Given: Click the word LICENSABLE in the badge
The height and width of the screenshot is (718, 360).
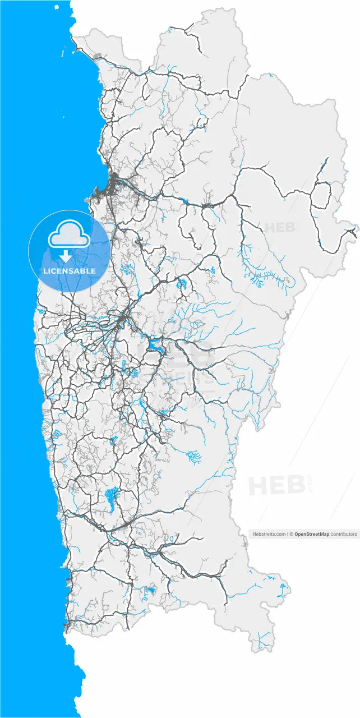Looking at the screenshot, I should [x=69, y=271].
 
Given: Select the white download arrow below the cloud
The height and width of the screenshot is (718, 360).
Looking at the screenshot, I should [x=66, y=256].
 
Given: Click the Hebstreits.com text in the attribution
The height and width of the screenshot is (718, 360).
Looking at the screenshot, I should [x=269, y=535].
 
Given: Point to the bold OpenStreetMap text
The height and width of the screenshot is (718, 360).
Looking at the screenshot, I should [x=312, y=535].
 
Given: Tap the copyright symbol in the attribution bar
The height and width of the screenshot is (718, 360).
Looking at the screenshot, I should [x=291, y=535].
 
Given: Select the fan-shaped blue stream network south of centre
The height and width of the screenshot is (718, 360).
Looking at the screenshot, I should [x=193, y=457].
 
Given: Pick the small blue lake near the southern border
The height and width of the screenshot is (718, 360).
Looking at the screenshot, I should [x=150, y=591].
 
